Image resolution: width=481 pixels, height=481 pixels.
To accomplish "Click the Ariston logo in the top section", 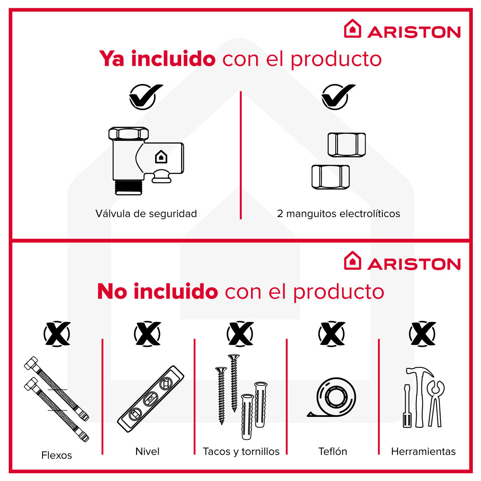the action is [402, 29].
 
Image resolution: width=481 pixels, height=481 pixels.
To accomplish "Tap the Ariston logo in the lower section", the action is [402, 261].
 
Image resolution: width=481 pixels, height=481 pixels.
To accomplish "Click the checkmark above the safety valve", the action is [145, 97].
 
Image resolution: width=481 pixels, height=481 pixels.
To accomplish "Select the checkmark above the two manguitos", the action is [338, 97].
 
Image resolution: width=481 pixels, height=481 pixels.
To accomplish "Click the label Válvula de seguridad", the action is [146, 214].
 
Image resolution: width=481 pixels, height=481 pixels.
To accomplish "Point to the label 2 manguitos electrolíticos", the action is [338, 214].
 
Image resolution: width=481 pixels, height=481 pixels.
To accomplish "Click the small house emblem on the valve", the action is [161, 157].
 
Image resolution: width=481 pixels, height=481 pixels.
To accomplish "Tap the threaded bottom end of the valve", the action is [128, 188].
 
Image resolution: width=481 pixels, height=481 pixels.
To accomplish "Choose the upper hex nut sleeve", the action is [346, 145].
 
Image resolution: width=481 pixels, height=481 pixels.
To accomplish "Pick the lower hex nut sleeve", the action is [330, 177].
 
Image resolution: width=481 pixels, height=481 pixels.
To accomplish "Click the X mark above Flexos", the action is [57, 334].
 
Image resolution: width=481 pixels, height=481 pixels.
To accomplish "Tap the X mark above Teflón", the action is [332, 334].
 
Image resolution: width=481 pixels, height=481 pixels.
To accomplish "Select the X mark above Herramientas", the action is [422, 334].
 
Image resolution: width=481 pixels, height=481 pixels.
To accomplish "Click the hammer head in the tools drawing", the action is [420, 372].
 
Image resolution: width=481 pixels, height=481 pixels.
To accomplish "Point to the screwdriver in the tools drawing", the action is [407, 406].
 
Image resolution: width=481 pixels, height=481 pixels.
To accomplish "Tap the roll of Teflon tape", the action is [332, 397].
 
